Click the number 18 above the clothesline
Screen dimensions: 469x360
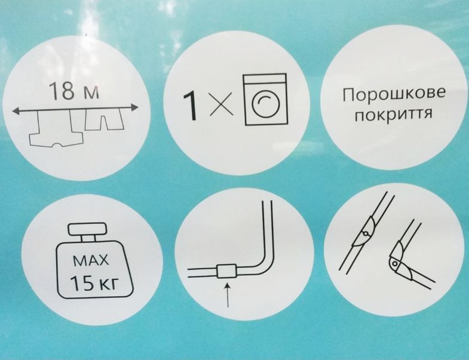click(62, 91)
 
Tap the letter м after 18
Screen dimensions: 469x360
click(90, 94)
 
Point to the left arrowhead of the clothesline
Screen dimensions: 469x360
click(17, 111)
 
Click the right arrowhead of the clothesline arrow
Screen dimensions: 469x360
click(134, 107)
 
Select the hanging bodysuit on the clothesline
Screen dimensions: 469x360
click(56, 129)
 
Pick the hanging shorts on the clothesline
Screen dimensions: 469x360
click(104, 119)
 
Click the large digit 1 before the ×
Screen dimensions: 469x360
click(190, 106)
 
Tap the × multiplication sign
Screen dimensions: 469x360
click(221, 104)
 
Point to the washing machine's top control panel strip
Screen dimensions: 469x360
click(266, 79)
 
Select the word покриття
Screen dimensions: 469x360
click(394, 114)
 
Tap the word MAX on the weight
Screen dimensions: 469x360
click(91, 261)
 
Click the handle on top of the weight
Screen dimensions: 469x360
click(87, 229)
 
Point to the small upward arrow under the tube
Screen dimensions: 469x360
click(228, 295)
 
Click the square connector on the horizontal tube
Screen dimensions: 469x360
click(226, 271)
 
